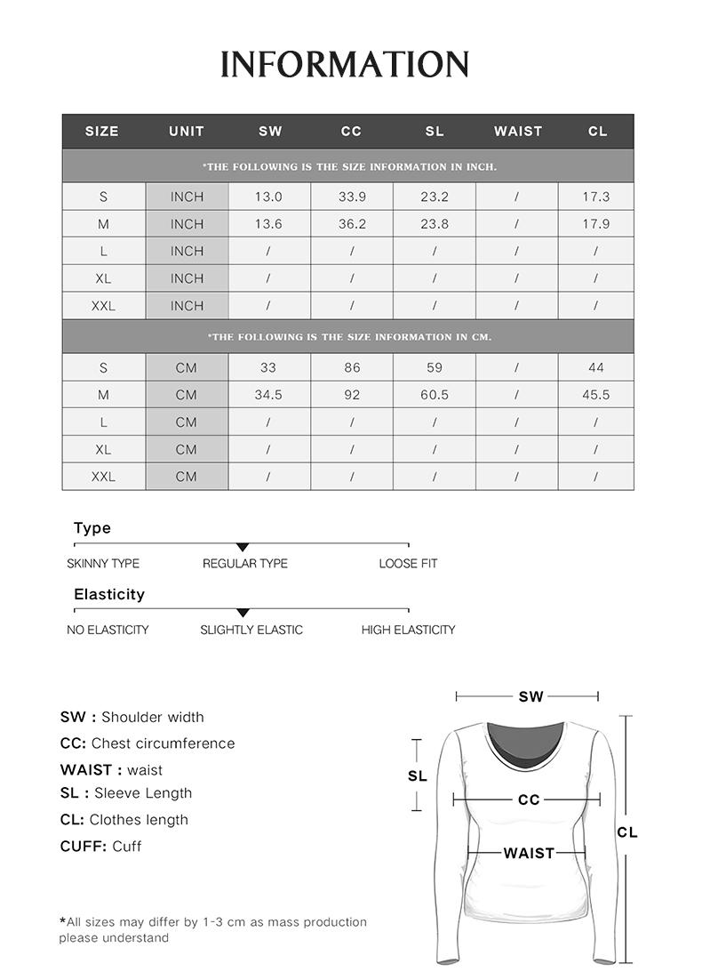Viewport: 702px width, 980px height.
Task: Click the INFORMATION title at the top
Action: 345,65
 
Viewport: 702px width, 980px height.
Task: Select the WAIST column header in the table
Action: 518,131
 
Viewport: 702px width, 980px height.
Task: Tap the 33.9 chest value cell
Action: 352,197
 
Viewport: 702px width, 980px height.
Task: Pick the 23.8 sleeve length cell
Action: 435,224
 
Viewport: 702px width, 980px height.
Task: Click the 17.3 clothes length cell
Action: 596,197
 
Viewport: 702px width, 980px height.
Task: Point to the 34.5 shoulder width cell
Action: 268,395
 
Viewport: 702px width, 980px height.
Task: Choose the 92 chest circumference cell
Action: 352,395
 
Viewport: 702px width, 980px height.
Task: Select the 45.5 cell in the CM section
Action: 596,395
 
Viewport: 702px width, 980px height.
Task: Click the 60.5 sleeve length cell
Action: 435,395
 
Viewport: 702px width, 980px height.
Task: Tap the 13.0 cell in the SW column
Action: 268,197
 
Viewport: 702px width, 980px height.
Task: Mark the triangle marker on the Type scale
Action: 243,547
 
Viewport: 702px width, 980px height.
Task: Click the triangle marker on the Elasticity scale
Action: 243,613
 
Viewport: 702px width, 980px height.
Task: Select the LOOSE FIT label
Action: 408,564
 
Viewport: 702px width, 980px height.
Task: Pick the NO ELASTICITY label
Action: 108,630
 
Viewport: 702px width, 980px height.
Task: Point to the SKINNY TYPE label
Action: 103,564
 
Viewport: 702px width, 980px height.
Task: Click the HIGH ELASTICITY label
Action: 408,630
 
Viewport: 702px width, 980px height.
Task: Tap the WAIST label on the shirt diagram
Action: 529,853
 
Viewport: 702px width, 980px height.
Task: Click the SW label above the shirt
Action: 530,696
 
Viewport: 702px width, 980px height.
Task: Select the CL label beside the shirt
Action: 627,832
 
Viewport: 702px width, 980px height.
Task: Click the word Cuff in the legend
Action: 127,847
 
